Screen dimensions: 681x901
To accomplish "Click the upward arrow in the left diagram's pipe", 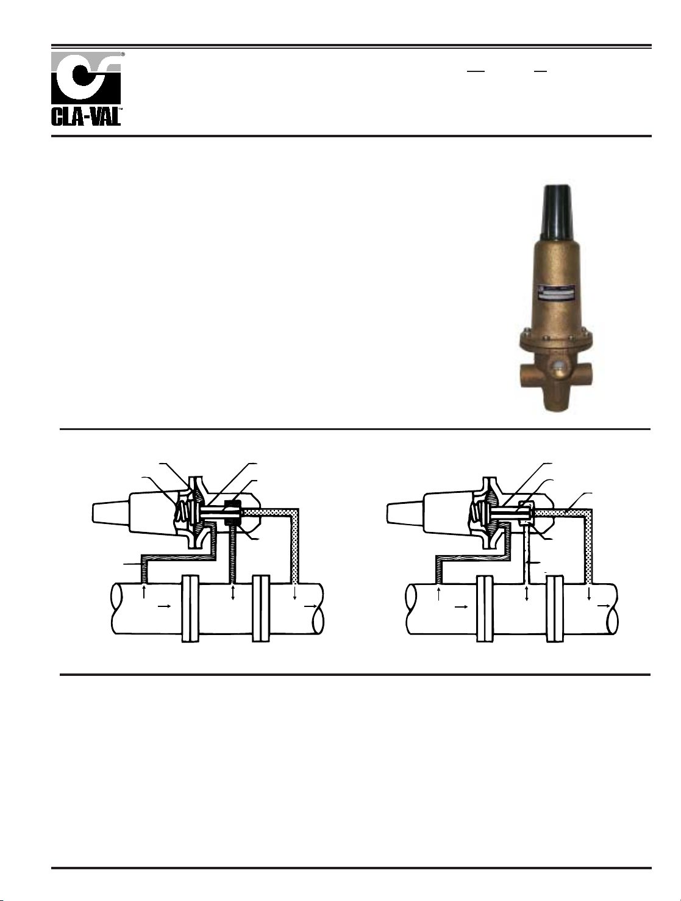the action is point(144,592).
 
